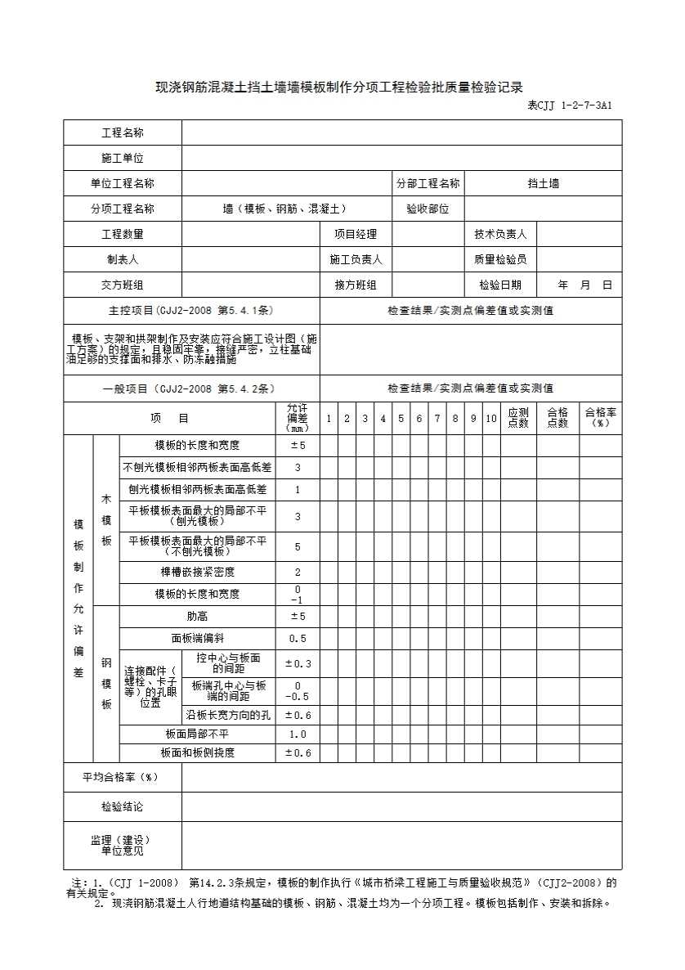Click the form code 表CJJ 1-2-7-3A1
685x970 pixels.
coord(569,106)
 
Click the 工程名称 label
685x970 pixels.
coord(123,132)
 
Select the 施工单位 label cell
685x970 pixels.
coord(123,158)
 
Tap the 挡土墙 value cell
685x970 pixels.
coord(543,184)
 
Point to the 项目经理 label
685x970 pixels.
coord(356,234)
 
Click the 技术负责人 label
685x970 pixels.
coord(500,234)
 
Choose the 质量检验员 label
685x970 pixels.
coord(500,259)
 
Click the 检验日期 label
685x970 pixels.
coord(500,285)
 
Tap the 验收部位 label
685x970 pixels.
coord(428,209)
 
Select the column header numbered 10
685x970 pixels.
coord(490,419)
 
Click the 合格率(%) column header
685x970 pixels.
coord(601,418)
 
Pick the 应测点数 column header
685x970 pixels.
coord(518,418)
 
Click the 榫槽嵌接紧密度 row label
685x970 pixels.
coord(197,572)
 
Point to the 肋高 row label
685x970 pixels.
coord(197,616)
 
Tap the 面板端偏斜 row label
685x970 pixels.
coord(197,638)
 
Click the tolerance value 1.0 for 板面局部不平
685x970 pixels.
coord(298,734)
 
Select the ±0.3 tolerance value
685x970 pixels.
coord(298,663)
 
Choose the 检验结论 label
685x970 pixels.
coord(123,806)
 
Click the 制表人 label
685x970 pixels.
coord(123,259)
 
